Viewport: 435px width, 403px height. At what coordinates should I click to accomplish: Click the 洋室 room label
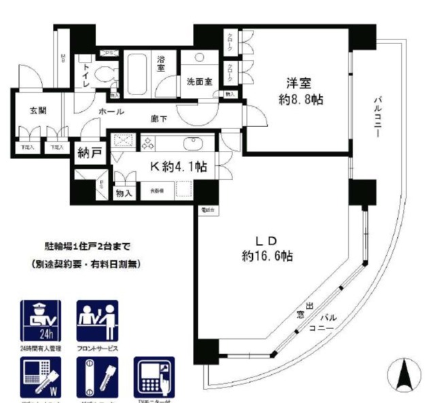[x=298, y=84]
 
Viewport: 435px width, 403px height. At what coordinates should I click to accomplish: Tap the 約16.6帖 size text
[x=266, y=256]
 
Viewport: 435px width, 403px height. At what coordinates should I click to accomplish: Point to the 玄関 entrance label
[x=38, y=111]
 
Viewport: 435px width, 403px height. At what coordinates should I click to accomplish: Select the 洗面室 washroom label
[x=200, y=82]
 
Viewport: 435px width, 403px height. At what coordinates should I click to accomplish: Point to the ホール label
[x=111, y=111]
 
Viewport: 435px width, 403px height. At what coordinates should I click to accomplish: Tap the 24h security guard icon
[x=41, y=321]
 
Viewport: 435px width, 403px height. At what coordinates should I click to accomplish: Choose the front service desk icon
[x=97, y=321]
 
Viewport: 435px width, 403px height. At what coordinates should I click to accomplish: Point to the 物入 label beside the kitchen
[x=124, y=192]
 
